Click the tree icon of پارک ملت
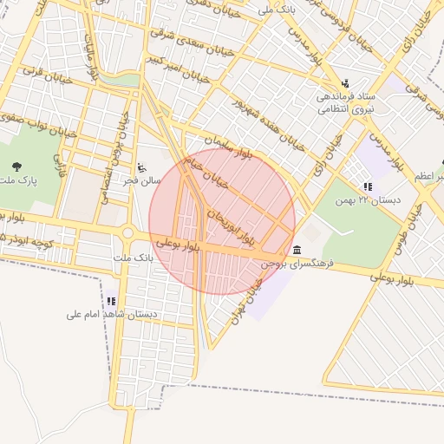[x=16, y=166]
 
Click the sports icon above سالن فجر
[x=142, y=166]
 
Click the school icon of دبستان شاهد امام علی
[x=111, y=301]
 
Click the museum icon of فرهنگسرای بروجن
[x=297, y=250]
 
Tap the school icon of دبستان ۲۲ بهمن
[x=368, y=186]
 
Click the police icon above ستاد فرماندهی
[x=346, y=83]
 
